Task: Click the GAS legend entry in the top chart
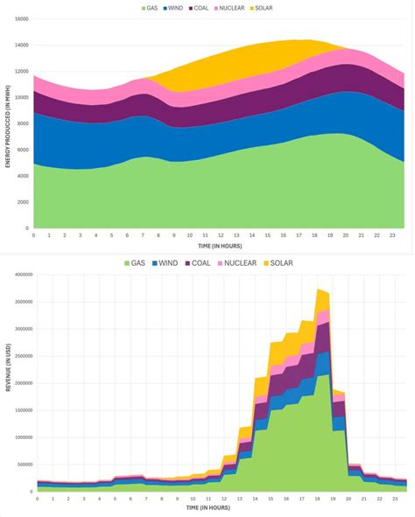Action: tap(156, 8)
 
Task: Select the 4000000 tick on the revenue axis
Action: tap(21, 275)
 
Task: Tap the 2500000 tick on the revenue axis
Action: tap(21, 356)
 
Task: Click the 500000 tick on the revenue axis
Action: tap(23, 465)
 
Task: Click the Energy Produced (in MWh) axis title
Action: tap(6, 122)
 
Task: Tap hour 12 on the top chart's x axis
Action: tap(221, 235)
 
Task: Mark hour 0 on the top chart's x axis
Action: tap(33, 235)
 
